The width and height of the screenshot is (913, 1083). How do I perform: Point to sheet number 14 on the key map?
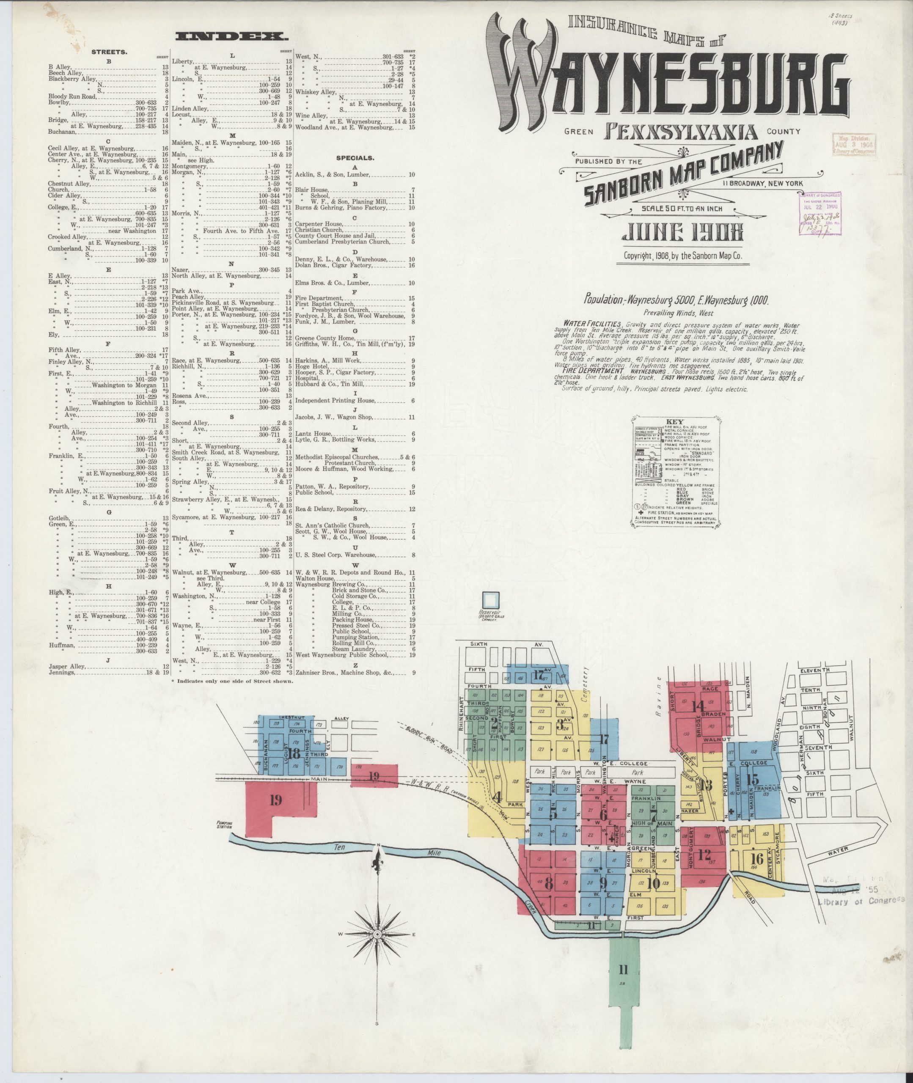[x=698, y=706]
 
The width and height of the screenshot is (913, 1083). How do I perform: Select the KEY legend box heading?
[x=675, y=422]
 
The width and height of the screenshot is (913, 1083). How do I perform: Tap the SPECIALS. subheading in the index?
[x=355, y=158]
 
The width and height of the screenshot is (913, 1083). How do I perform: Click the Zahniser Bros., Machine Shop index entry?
[x=344, y=673]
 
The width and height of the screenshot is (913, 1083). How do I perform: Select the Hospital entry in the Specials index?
[x=306, y=378]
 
